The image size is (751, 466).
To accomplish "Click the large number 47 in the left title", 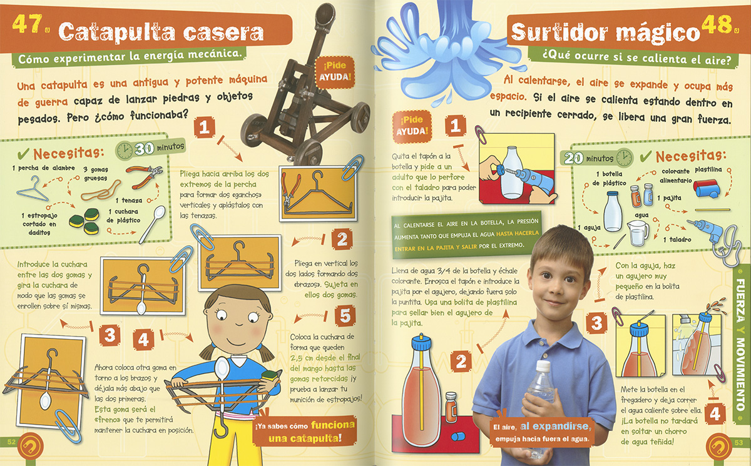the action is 27,24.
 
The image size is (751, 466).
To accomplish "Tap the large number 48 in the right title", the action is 717,25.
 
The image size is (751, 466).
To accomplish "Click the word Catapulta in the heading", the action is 118,33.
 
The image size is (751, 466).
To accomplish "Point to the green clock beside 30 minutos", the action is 125,150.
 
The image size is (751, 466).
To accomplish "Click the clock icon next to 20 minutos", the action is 625,157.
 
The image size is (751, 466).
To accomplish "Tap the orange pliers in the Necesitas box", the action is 144,176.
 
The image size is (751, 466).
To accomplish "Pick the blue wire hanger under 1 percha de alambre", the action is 32,189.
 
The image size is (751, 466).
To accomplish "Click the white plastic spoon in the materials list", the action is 153,224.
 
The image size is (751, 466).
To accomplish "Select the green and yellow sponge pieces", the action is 84,221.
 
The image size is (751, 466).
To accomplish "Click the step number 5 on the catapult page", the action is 345,316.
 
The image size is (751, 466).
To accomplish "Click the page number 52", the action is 11,442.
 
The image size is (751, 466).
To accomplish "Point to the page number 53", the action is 738,442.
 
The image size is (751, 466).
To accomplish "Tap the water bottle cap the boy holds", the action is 543,366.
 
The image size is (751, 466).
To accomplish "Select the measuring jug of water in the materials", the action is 637,232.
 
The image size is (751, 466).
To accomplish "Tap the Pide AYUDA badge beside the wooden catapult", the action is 334,71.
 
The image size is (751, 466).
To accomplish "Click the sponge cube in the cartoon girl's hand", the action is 270,375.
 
